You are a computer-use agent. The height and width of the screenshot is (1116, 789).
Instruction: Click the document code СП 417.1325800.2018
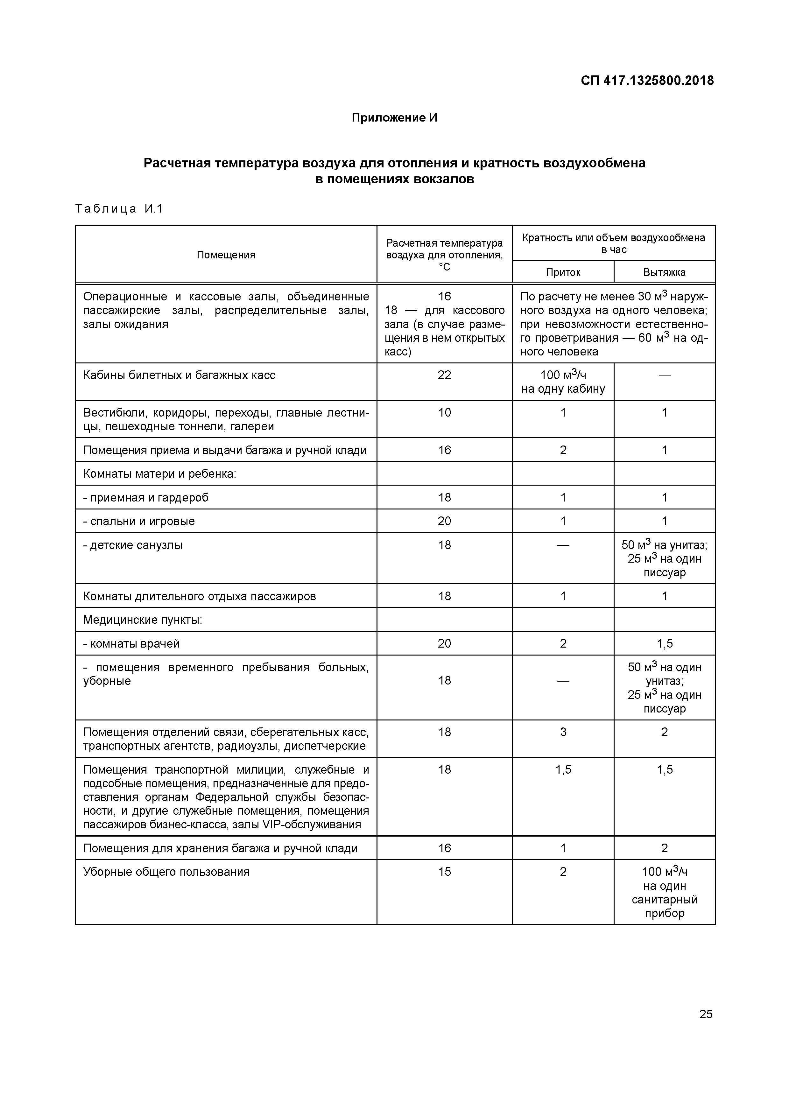click(x=647, y=81)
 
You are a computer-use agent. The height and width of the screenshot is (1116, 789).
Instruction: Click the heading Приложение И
click(x=394, y=118)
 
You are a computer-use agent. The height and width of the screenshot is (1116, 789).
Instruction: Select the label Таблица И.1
click(x=119, y=209)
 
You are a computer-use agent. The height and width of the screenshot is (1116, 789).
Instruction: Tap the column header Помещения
click(x=226, y=255)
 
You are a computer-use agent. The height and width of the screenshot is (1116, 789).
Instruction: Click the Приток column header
click(x=563, y=272)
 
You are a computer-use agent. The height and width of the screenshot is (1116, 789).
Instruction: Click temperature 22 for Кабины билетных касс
click(x=444, y=375)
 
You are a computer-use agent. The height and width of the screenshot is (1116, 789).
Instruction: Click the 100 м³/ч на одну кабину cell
click(x=563, y=382)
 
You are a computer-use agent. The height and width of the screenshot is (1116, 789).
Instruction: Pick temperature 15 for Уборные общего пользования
click(x=444, y=872)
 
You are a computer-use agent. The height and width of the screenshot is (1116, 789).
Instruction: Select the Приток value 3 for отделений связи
click(x=563, y=732)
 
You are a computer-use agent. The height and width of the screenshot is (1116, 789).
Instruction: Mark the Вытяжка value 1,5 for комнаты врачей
click(x=665, y=643)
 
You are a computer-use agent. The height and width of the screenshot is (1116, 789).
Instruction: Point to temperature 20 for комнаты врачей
click(x=444, y=643)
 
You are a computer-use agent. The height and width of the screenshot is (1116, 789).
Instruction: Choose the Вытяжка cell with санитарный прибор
click(x=665, y=892)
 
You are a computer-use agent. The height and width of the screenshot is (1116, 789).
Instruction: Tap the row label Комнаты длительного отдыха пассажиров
click(x=199, y=596)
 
